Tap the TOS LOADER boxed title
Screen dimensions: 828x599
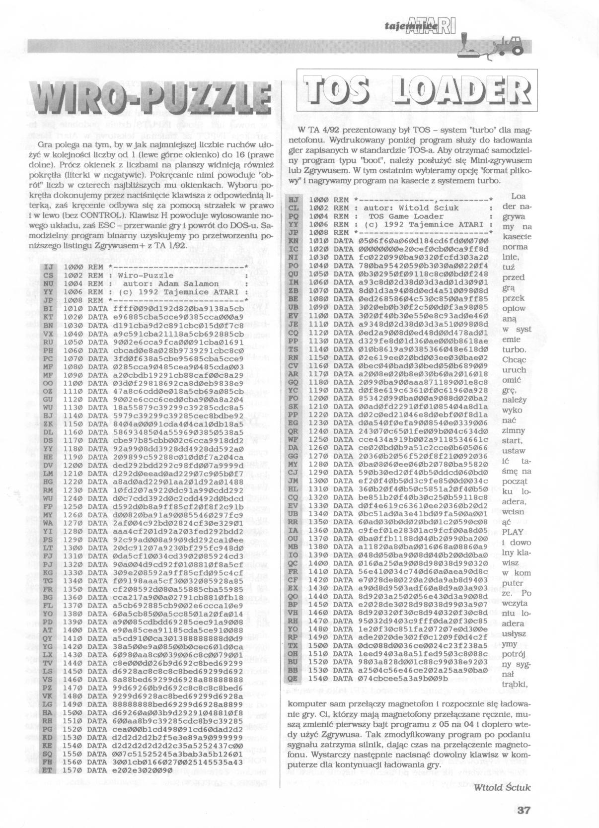pos(414,92)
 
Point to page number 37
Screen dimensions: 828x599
pos(524,811)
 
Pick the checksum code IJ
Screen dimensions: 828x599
pos(48,267)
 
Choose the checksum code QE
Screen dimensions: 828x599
pos(293,678)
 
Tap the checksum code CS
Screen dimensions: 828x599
pos(48,275)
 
